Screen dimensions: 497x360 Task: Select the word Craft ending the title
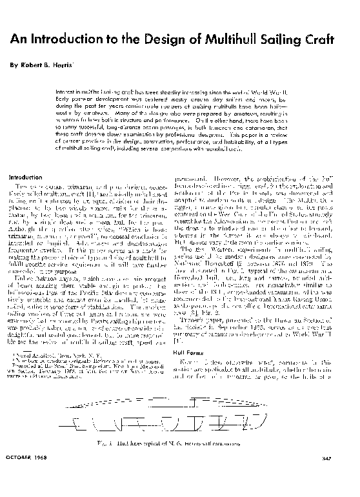(x=330, y=39)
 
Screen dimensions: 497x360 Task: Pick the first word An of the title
(x=19, y=39)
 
